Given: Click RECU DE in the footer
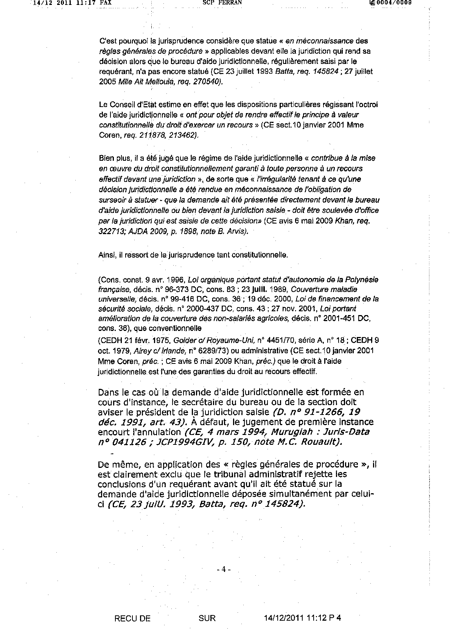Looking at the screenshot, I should tap(132, 618).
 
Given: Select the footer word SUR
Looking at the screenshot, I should tap(207, 618).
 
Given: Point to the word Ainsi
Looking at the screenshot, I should tap(106, 255).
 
